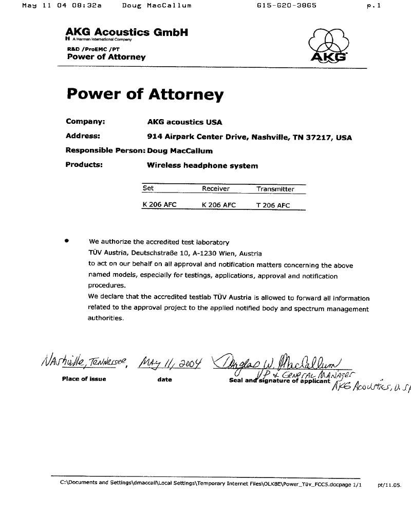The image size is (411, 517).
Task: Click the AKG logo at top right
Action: coord(328,46)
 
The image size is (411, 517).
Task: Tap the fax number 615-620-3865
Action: coord(286,6)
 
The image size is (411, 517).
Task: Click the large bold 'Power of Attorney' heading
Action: coord(145,94)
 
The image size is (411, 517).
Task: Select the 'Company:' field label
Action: coord(85,122)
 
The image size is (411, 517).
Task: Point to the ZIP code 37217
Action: coord(320,138)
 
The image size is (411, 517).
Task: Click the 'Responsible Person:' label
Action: coord(105,151)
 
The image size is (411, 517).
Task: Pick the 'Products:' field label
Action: coord(84,165)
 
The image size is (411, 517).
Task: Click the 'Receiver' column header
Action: coord(215,189)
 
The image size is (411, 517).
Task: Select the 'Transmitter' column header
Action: coord(275,189)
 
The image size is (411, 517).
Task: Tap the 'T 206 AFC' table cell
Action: coord(273,205)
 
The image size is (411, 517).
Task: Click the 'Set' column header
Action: coord(148,188)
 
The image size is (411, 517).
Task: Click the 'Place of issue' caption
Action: coord(84,379)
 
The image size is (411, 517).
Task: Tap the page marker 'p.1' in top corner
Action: coord(374,6)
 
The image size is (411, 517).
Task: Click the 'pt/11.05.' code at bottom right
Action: coord(389,485)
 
